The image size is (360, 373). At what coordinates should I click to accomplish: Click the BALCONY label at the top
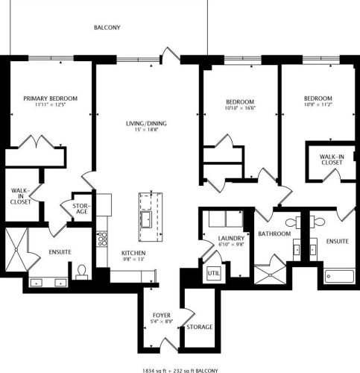click(x=107, y=28)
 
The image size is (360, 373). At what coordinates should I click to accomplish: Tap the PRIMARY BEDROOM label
click(x=50, y=98)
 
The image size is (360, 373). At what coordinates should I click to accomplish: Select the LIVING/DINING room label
click(x=147, y=125)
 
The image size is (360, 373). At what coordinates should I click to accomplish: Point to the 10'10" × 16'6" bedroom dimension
click(x=240, y=109)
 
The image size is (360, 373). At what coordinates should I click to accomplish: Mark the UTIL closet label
click(x=215, y=273)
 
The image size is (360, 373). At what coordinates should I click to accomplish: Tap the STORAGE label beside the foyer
click(x=200, y=327)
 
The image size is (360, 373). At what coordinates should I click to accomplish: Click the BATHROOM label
click(x=273, y=233)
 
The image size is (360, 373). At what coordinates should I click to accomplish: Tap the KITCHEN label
click(x=133, y=253)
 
